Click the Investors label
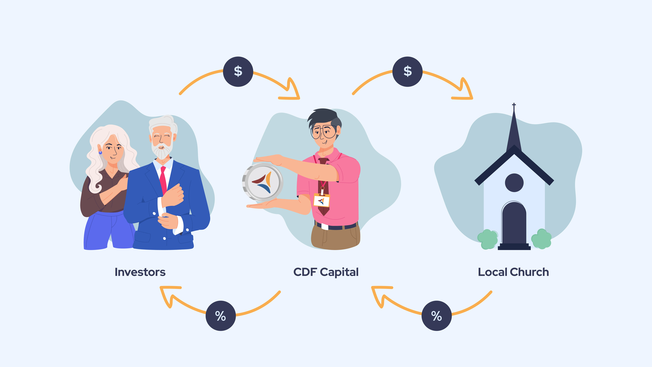pos(140,272)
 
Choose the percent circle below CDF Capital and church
pos(437,316)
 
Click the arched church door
pos(514,223)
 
